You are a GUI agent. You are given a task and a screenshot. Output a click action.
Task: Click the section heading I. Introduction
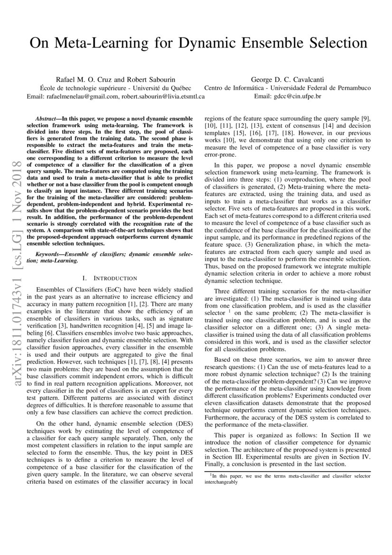110,278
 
